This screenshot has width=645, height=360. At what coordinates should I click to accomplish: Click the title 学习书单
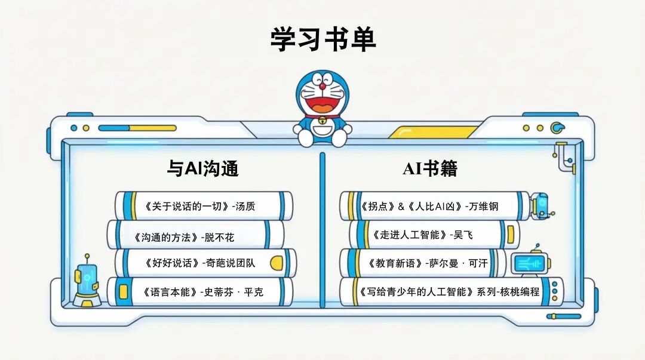point(322,39)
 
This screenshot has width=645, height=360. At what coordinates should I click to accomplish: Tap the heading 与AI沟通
point(202,169)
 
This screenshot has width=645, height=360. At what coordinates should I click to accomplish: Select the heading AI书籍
point(430,169)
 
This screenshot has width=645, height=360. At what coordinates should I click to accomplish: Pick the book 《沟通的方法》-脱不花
point(185,237)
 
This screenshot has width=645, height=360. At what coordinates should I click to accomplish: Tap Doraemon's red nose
point(322,86)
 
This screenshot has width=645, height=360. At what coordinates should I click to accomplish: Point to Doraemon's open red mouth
point(322,104)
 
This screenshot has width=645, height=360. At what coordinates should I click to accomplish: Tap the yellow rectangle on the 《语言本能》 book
point(124,292)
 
